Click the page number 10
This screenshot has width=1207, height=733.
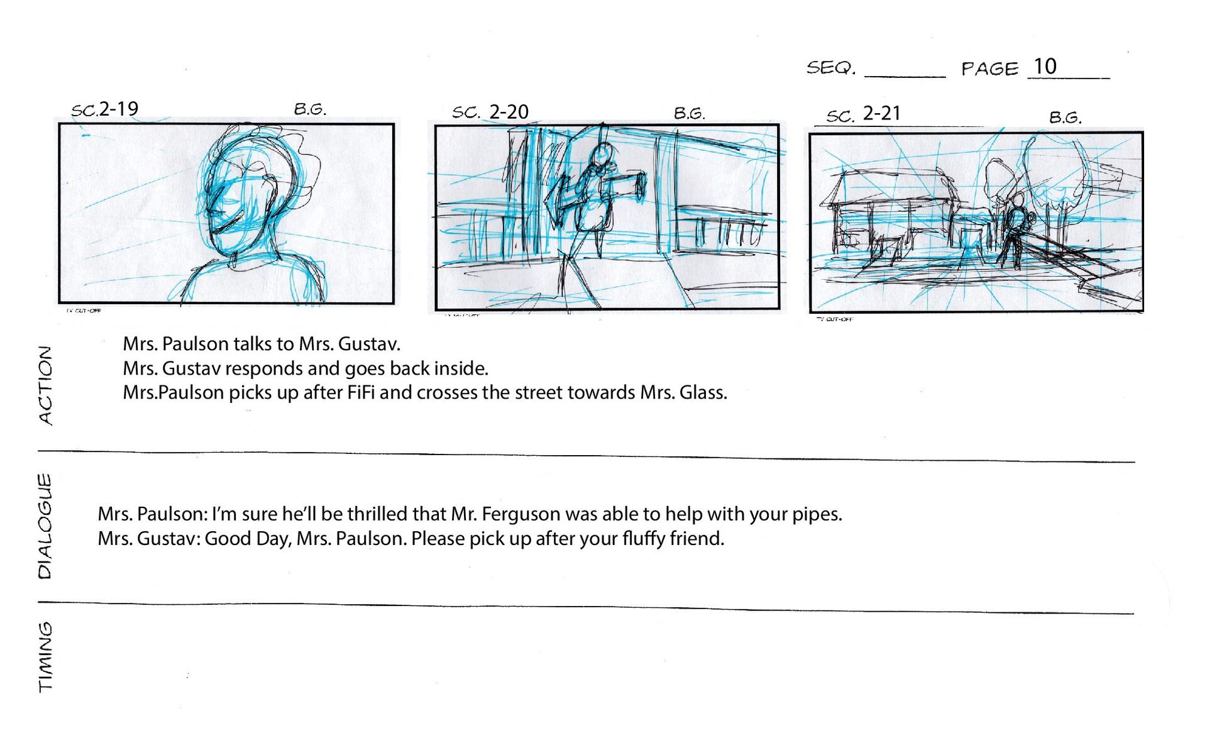pyautogui.click(x=1045, y=66)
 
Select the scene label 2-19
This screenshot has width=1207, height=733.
pyautogui.click(x=119, y=109)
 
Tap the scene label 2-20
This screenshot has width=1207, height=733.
pyautogui.click(x=509, y=112)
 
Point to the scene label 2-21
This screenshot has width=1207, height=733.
pyautogui.click(x=881, y=113)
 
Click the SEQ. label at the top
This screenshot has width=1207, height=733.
pyautogui.click(x=831, y=67)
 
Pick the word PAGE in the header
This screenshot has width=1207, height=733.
pyautogui.click(x=989, y=69)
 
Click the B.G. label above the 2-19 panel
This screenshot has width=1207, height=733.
pyautogui.click(x=310, y=109)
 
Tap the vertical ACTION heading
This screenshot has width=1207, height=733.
pyautogui.click(x=45, y=385)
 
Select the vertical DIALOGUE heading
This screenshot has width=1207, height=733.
pyautogui.click(x=45, y=526)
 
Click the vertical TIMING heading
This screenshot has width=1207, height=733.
pyautogui.click(x=45, y=656)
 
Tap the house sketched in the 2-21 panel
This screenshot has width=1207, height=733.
pyautogui.click(x=893, y=214)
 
